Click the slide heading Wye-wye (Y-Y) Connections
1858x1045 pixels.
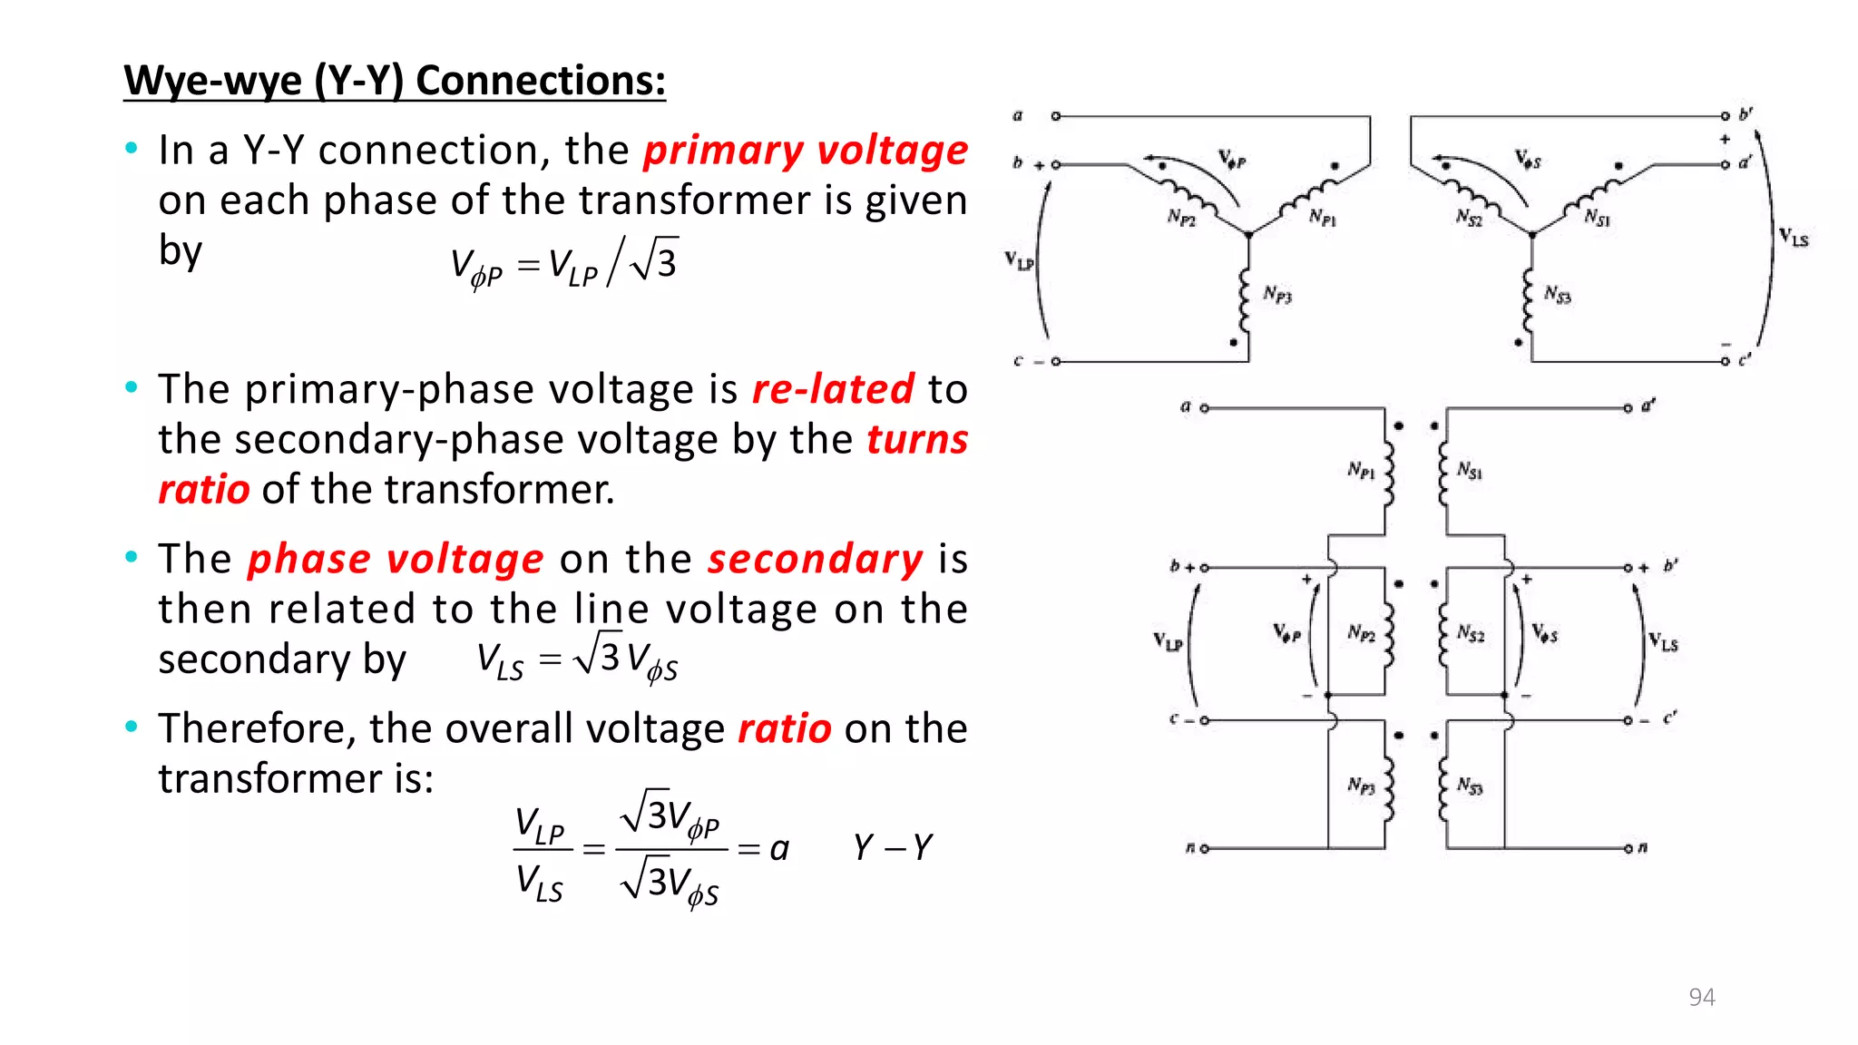point(395,81)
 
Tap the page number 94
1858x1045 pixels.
point(1701,997)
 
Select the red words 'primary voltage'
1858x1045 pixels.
point(806,151)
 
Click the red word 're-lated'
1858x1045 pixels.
point(833,389)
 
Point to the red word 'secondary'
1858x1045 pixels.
point(815,559)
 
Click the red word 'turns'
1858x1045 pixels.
point(917,440)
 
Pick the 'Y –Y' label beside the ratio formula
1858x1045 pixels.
point(893,848)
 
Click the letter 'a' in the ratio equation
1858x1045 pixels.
point(779,849)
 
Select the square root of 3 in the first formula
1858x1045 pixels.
point(655,261)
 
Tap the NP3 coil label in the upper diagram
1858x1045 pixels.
point(1277,294)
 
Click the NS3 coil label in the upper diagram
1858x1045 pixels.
point(1558,294)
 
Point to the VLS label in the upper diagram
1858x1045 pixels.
point(1793,238)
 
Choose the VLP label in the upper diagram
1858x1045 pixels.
point(1019,261)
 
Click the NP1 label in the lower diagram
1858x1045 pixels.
point(1361,470)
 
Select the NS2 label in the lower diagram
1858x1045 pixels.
point(1471,633)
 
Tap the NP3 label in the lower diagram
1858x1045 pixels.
point(1361,786)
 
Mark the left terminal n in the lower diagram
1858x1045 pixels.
point(1204,849)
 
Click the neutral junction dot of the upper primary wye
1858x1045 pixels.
point(1249,235)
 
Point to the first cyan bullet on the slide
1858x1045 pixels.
point(132,148)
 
